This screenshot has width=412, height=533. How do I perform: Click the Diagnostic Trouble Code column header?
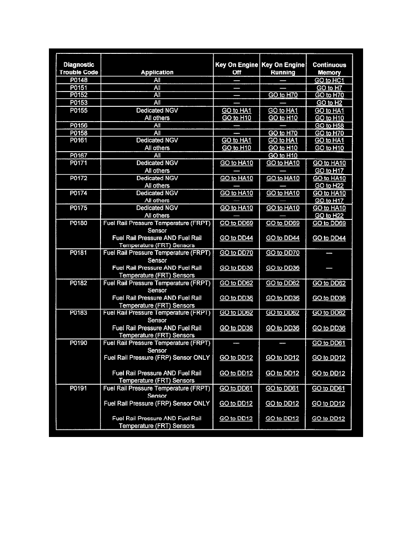pos(79,68)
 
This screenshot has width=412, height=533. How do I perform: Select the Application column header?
pos(157,72)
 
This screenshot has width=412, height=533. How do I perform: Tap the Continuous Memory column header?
pos(329,68)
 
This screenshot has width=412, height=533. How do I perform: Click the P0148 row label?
pos(79,80)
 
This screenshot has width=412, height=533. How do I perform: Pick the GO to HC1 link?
pos(329,81)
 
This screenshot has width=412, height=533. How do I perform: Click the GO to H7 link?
pos(329,88)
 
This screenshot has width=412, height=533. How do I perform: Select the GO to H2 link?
pos(329,103)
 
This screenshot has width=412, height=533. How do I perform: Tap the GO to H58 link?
pos(329,126)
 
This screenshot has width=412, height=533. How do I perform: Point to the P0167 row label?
pos(79,155)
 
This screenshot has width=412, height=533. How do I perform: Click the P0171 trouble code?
pos(79,163)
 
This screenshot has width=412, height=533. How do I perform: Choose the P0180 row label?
pos(79,223)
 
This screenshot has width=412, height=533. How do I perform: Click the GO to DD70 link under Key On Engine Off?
pos(237,253)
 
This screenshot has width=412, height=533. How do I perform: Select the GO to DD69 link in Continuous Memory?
pos(329,223)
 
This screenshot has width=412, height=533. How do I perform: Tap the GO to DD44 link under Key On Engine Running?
pos(283,238)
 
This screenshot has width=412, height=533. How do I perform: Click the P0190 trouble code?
pos(79,343)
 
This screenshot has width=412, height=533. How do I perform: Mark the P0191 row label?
pos(79,388)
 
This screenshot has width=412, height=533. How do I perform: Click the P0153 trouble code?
pos(79,103)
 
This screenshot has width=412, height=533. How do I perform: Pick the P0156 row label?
pos(79,126)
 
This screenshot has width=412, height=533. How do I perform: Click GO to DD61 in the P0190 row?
pos(329,343)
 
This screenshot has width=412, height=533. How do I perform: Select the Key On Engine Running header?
pos(283,68)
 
